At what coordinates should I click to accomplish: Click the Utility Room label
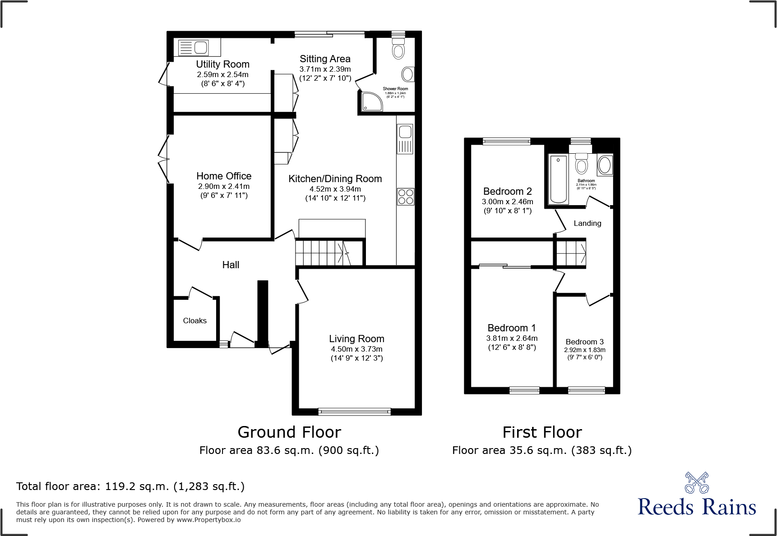(x=222, y=64)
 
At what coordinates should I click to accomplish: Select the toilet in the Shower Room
(x=398, y=48)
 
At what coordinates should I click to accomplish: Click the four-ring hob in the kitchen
(x=405, y=197)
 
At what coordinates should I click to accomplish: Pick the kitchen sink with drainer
(x=405, y=139)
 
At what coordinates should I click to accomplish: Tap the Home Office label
(x=224, y=176)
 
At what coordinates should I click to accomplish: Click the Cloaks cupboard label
(x=194, y=321)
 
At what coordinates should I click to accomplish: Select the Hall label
(x=231, y=265)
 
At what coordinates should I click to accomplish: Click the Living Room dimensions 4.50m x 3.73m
(x=356, y=349)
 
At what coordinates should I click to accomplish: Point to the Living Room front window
(x=354, y=411)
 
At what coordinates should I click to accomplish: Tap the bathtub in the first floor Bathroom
(x=559, y=179)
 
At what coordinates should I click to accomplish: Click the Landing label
(x=587, y=223)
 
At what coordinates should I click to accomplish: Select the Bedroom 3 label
(x=584, y=342)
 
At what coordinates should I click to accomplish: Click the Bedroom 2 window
(x=506, y=142)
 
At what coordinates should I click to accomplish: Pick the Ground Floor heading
(x=289, y=432)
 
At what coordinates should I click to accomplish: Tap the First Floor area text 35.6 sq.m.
(x=541, y=450)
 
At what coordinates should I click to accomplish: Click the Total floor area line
(x=130, y=486)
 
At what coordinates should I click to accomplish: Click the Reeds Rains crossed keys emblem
(x=696, y=483)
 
